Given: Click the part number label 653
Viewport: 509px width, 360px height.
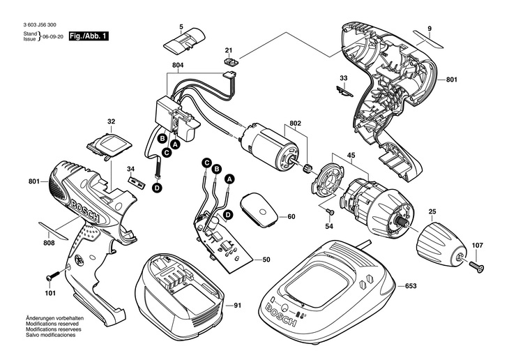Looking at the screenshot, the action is pos(411,286).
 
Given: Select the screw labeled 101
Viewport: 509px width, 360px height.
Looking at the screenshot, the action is pos(52,276).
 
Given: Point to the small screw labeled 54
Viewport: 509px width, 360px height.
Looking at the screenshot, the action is pos(330,211).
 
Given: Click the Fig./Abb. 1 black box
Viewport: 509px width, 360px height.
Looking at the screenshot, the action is pos(89,36).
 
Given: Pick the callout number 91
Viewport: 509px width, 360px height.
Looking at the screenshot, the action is pos(238,306).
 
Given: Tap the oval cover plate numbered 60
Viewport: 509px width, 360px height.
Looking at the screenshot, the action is pos(259,209).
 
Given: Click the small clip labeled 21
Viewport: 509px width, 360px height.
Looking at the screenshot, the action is pos(231,61).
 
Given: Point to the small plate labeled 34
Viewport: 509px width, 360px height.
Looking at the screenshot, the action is pos(136,181).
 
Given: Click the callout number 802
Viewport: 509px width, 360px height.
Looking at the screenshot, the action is pos(295,123).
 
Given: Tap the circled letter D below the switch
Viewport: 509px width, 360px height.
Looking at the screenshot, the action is pos(157,188).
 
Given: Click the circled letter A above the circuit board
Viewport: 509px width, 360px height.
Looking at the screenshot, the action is pos(229,179).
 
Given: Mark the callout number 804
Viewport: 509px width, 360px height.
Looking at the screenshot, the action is pos(178,66).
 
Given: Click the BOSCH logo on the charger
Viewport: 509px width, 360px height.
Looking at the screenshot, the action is pos(282,315).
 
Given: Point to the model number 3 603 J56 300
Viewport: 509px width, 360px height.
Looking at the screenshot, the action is pos(40,24).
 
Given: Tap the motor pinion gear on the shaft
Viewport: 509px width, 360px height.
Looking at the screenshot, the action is pos(307,169).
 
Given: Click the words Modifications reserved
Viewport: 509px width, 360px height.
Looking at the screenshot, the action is pos(52,324).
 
